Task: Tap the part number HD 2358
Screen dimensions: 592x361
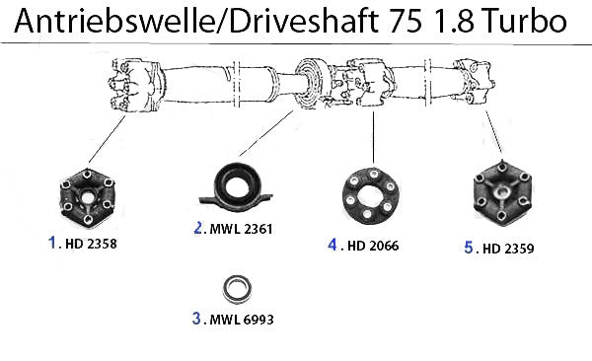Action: [91, 244]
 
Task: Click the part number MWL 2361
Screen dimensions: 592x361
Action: [241, 229]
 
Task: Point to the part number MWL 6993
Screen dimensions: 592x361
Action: [242, 320]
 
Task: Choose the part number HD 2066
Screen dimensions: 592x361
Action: [373, 246]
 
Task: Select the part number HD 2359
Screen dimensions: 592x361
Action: [508, 249]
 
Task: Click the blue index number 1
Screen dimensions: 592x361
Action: [52, 243]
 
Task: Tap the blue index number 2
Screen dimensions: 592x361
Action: [198, 228]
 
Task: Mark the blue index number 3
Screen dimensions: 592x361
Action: [196, 318]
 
